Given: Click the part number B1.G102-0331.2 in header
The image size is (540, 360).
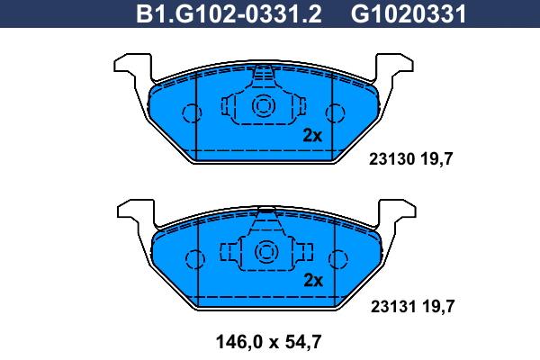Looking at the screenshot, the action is point(229,13).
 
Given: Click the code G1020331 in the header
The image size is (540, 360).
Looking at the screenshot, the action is point(409,13).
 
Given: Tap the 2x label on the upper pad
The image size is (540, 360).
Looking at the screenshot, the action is point(312,135).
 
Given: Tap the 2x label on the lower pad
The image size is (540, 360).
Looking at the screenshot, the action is point(313,281).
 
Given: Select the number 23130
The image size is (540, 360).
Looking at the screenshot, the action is point(391,159).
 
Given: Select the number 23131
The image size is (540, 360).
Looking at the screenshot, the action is point(393,306).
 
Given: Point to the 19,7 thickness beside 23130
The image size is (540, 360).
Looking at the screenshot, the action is point(436,159).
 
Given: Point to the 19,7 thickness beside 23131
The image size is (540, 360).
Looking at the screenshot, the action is point(438,307).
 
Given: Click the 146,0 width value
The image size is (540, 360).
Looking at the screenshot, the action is point(239,342).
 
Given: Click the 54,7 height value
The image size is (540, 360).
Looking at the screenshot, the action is point(303,342).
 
